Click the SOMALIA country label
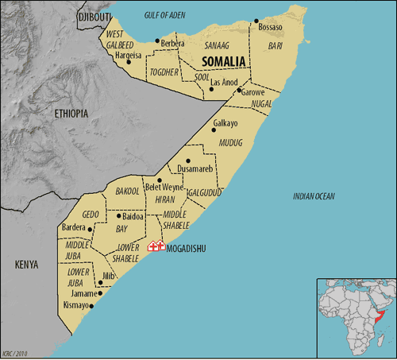[210, 61]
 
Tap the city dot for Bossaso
[256, 21]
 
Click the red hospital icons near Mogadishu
[156, 246]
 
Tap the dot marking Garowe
[240, 91]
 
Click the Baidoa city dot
[118, 215]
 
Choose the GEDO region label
[91, 215]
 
